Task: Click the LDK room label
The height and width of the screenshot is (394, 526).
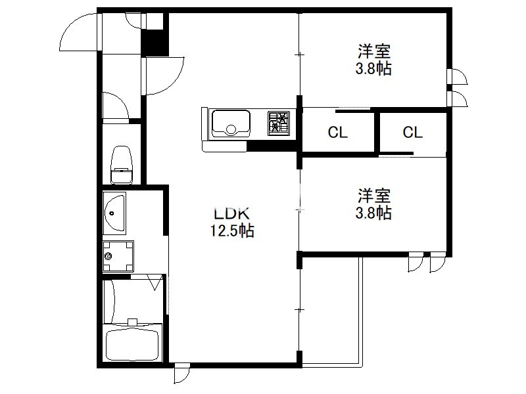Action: point(232,213)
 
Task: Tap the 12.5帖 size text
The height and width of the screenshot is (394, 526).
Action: point(232,231)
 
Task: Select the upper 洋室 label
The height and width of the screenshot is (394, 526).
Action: point(374,52)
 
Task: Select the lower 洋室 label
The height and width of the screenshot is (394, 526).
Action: point(374,196)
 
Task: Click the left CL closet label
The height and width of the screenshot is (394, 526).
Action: point(337,133)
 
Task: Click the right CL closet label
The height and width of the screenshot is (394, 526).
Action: point(412,133)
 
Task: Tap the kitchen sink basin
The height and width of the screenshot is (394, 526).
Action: point(231,123)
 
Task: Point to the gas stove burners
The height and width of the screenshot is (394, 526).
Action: point(279,123)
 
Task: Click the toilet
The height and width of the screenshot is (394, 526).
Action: point(122,165)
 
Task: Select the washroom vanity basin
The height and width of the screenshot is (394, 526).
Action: point(114,213)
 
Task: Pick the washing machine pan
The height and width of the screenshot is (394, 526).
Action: point(118,256)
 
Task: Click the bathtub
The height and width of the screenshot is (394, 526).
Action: point(132,345)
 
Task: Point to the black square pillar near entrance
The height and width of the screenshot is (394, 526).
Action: point(155,43)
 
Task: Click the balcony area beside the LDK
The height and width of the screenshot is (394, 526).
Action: point(330,310)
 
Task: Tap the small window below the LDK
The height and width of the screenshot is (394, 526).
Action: point(181,372)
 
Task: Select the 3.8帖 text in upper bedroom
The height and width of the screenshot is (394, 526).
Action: point(373,69)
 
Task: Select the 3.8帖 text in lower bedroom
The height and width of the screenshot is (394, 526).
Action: point(373,213)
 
